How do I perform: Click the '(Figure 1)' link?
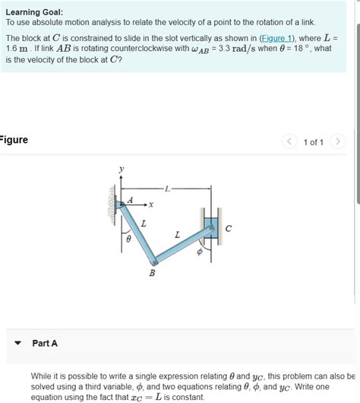[275, 37]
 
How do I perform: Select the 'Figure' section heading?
[14, 140]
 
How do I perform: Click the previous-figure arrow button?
[289, 141]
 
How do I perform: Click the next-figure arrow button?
[339, 141]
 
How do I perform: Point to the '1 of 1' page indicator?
[314, 142]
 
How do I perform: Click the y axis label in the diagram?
[119, 168]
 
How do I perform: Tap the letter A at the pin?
[129, 199]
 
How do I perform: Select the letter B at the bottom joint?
[151, 274]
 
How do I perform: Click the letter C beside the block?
[228, 227]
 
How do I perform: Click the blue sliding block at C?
[210, 226]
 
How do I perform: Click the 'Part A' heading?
[45, 344]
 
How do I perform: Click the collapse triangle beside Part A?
[18, 344]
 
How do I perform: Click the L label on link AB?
[144, 224]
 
